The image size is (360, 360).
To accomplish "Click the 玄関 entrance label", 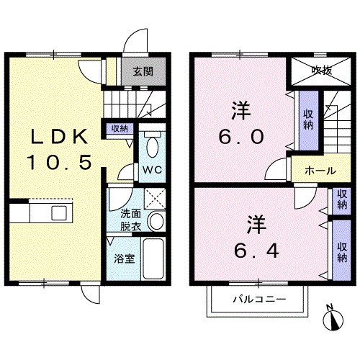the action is pos(143,71).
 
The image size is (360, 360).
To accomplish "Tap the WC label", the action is pos(153,170).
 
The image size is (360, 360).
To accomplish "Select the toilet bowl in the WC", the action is pos(152,147).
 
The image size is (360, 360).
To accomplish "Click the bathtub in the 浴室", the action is pos(153,258).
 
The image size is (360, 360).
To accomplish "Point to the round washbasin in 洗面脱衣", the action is pos(156,221).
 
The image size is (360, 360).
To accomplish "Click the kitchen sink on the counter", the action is pos(59,212).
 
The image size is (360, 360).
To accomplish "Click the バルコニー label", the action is pos(260,300).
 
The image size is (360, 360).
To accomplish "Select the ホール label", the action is pos(320,171).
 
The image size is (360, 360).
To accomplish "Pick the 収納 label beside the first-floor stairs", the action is pos(120,129).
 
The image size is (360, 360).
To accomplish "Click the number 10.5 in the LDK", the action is pos(60,162).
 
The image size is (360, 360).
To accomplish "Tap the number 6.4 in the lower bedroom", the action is pos(257,251).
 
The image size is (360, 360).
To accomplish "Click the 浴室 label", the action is pos(125,258).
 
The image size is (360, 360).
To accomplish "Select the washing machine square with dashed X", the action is pos(155,199).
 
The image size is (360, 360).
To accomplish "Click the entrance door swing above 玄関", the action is pos(135,40).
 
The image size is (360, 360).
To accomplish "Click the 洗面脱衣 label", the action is pos(130,220).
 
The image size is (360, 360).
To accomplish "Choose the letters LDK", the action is pos(60,137).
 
